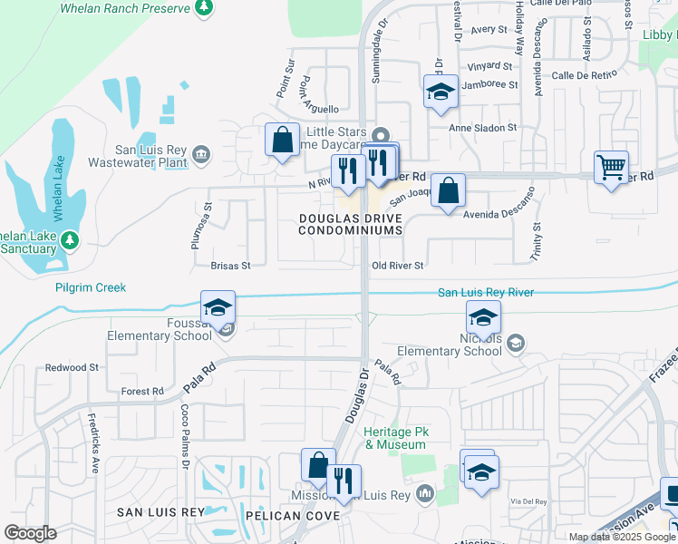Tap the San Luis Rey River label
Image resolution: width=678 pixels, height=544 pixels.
point(485,292)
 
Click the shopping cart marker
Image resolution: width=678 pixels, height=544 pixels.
point(612,166)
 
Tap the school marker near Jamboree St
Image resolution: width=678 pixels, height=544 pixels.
point(441,92)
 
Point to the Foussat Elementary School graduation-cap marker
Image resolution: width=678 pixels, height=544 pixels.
point(218,308)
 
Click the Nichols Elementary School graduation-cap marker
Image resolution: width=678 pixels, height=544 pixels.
point(483,317)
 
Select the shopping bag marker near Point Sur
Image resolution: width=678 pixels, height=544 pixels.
point(282,141)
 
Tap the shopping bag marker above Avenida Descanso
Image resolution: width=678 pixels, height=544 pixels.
point(448,190)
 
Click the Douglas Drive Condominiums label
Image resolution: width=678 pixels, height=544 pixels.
point(351,225)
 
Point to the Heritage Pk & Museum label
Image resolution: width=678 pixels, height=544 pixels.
point(395,438)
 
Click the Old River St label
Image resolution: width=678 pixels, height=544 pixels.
point(398,266)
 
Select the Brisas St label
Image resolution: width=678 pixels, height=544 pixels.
point(229,266)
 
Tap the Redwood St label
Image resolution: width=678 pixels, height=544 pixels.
point(73,368)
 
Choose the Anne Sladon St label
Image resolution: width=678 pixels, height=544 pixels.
point(483,128)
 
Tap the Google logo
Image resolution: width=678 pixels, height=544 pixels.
point(30,533)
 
